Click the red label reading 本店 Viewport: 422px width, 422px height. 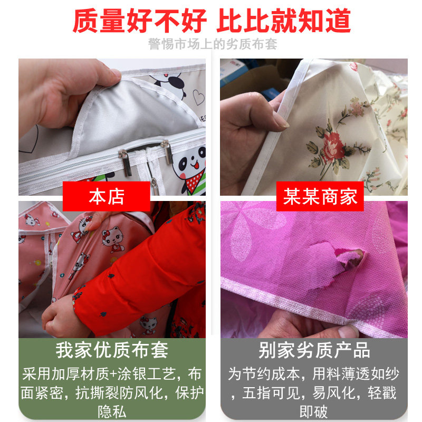coord(107,197)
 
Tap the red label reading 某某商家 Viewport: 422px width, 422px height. coord(320,197)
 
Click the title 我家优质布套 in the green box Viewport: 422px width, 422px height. coord(112,351)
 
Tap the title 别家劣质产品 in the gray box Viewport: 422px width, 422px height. coord(314,351)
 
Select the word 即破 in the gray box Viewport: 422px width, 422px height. coord(314,410)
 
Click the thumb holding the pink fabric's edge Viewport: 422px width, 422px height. coord(346,331)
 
